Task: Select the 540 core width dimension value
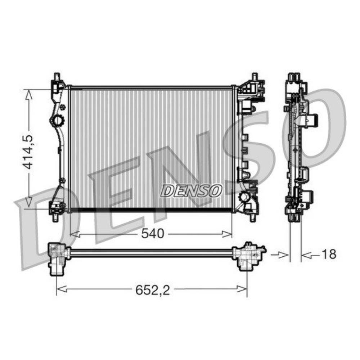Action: [x=152, y=234]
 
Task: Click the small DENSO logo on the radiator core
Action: [x=191, y=190]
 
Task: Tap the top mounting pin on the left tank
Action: [x=57, y=77]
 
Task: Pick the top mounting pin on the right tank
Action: [x=255, y=77]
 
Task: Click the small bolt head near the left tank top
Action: [x=64, y=107]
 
